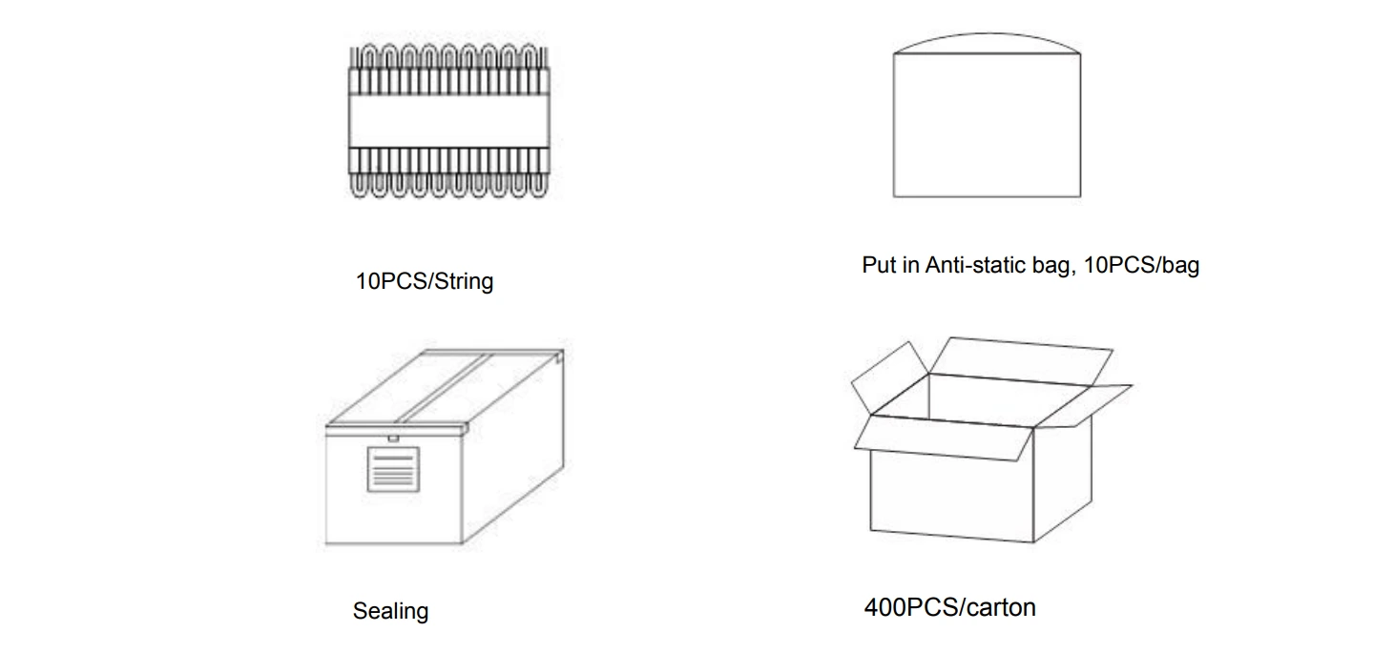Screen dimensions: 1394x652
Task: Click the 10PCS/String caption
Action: click(x=425, y=281)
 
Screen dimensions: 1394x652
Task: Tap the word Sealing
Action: click(x=391, y=612)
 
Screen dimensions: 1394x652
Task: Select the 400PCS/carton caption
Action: click(x=950, y=607)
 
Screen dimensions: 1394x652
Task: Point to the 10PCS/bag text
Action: click(x=1141, y=265)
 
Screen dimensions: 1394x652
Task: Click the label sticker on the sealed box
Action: click(x=393, y=469)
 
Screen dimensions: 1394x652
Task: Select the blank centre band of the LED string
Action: click(x=448, y=121)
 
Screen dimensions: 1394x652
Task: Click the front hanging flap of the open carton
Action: click(x=943, y=438)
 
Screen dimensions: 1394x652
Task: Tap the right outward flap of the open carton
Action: click(x=1083, y=406)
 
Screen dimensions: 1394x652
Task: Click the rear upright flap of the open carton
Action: click(x=1021, y=361)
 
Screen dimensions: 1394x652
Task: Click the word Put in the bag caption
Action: click(x=878, y=265)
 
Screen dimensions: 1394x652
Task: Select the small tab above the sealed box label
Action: click(x=393, y=438)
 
